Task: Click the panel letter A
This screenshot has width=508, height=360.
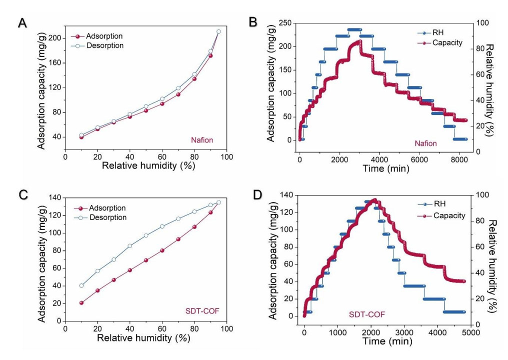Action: click(21, 23)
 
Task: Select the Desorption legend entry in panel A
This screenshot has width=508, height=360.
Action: click(104, 45)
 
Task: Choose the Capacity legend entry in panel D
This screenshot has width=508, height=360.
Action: click(449, 215)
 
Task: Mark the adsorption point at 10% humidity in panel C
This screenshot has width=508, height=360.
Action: click(81, 302)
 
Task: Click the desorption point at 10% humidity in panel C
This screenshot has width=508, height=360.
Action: click(81, 285)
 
